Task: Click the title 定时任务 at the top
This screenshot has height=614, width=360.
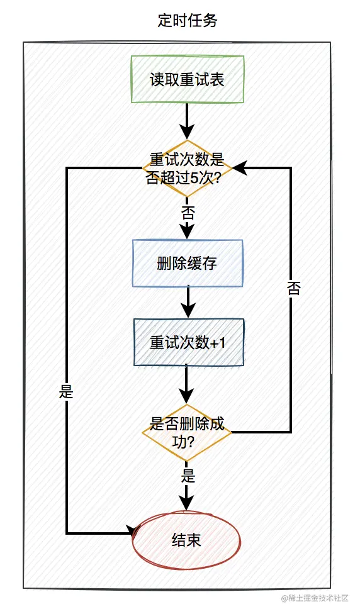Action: point(187,21)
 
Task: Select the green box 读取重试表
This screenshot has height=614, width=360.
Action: point(187,80)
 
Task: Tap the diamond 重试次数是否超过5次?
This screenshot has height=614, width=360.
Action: point(187,167)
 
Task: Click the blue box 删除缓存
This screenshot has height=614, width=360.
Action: point(187,264)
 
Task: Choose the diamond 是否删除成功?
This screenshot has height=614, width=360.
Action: point(187,432)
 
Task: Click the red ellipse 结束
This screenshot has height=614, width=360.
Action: point(186,540)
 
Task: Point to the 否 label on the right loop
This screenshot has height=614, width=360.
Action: point(293,289)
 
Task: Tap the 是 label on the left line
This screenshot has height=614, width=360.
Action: point(66,392)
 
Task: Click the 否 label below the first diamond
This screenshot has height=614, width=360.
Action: point(188,212)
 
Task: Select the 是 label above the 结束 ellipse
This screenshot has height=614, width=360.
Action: point(188,475)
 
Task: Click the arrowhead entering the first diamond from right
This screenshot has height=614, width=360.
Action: point(240,168)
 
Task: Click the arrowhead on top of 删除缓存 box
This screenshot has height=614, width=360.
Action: point(188,232)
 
